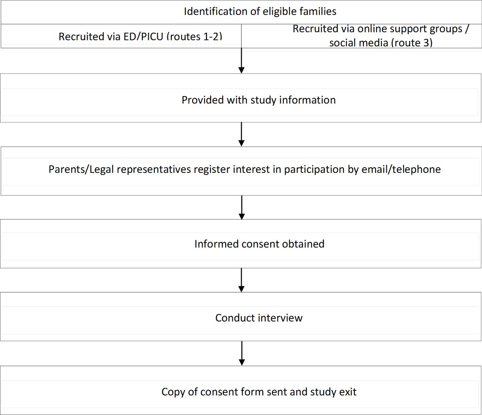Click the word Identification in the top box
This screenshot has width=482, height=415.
[215, 11]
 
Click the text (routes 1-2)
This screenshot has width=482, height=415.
[194, 37]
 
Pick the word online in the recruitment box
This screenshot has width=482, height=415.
[374, 29]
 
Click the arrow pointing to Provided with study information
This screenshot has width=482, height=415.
[241, 61]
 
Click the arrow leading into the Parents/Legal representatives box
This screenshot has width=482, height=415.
[241, 134]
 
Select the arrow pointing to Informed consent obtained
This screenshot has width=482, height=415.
[242, 207]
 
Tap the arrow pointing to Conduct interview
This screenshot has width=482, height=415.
[241, 280]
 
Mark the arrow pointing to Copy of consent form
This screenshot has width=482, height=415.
[242, 353]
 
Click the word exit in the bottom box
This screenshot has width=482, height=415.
[348, 392]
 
